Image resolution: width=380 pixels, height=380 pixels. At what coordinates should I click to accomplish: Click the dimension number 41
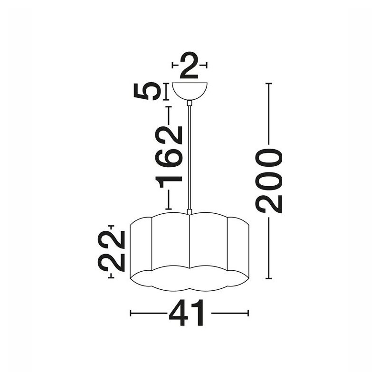(186, 313)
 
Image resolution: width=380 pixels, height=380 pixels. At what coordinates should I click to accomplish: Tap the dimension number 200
(269, 181)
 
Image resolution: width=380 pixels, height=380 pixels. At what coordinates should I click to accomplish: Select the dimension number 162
(169, 157)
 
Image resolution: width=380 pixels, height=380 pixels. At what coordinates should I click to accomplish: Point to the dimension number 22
(111, 251)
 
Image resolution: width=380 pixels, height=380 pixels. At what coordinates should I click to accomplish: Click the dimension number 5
(147, 91)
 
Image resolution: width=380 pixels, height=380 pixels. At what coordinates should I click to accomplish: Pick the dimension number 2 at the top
(189, 65)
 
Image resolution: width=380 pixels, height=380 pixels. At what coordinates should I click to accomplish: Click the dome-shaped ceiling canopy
(190, 91)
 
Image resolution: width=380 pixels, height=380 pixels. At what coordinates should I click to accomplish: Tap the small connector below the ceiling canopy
(190, 103)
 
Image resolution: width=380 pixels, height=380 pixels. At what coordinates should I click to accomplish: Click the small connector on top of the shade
(190, 212)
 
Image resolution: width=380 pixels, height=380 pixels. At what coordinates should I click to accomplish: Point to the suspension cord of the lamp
(190, 158)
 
